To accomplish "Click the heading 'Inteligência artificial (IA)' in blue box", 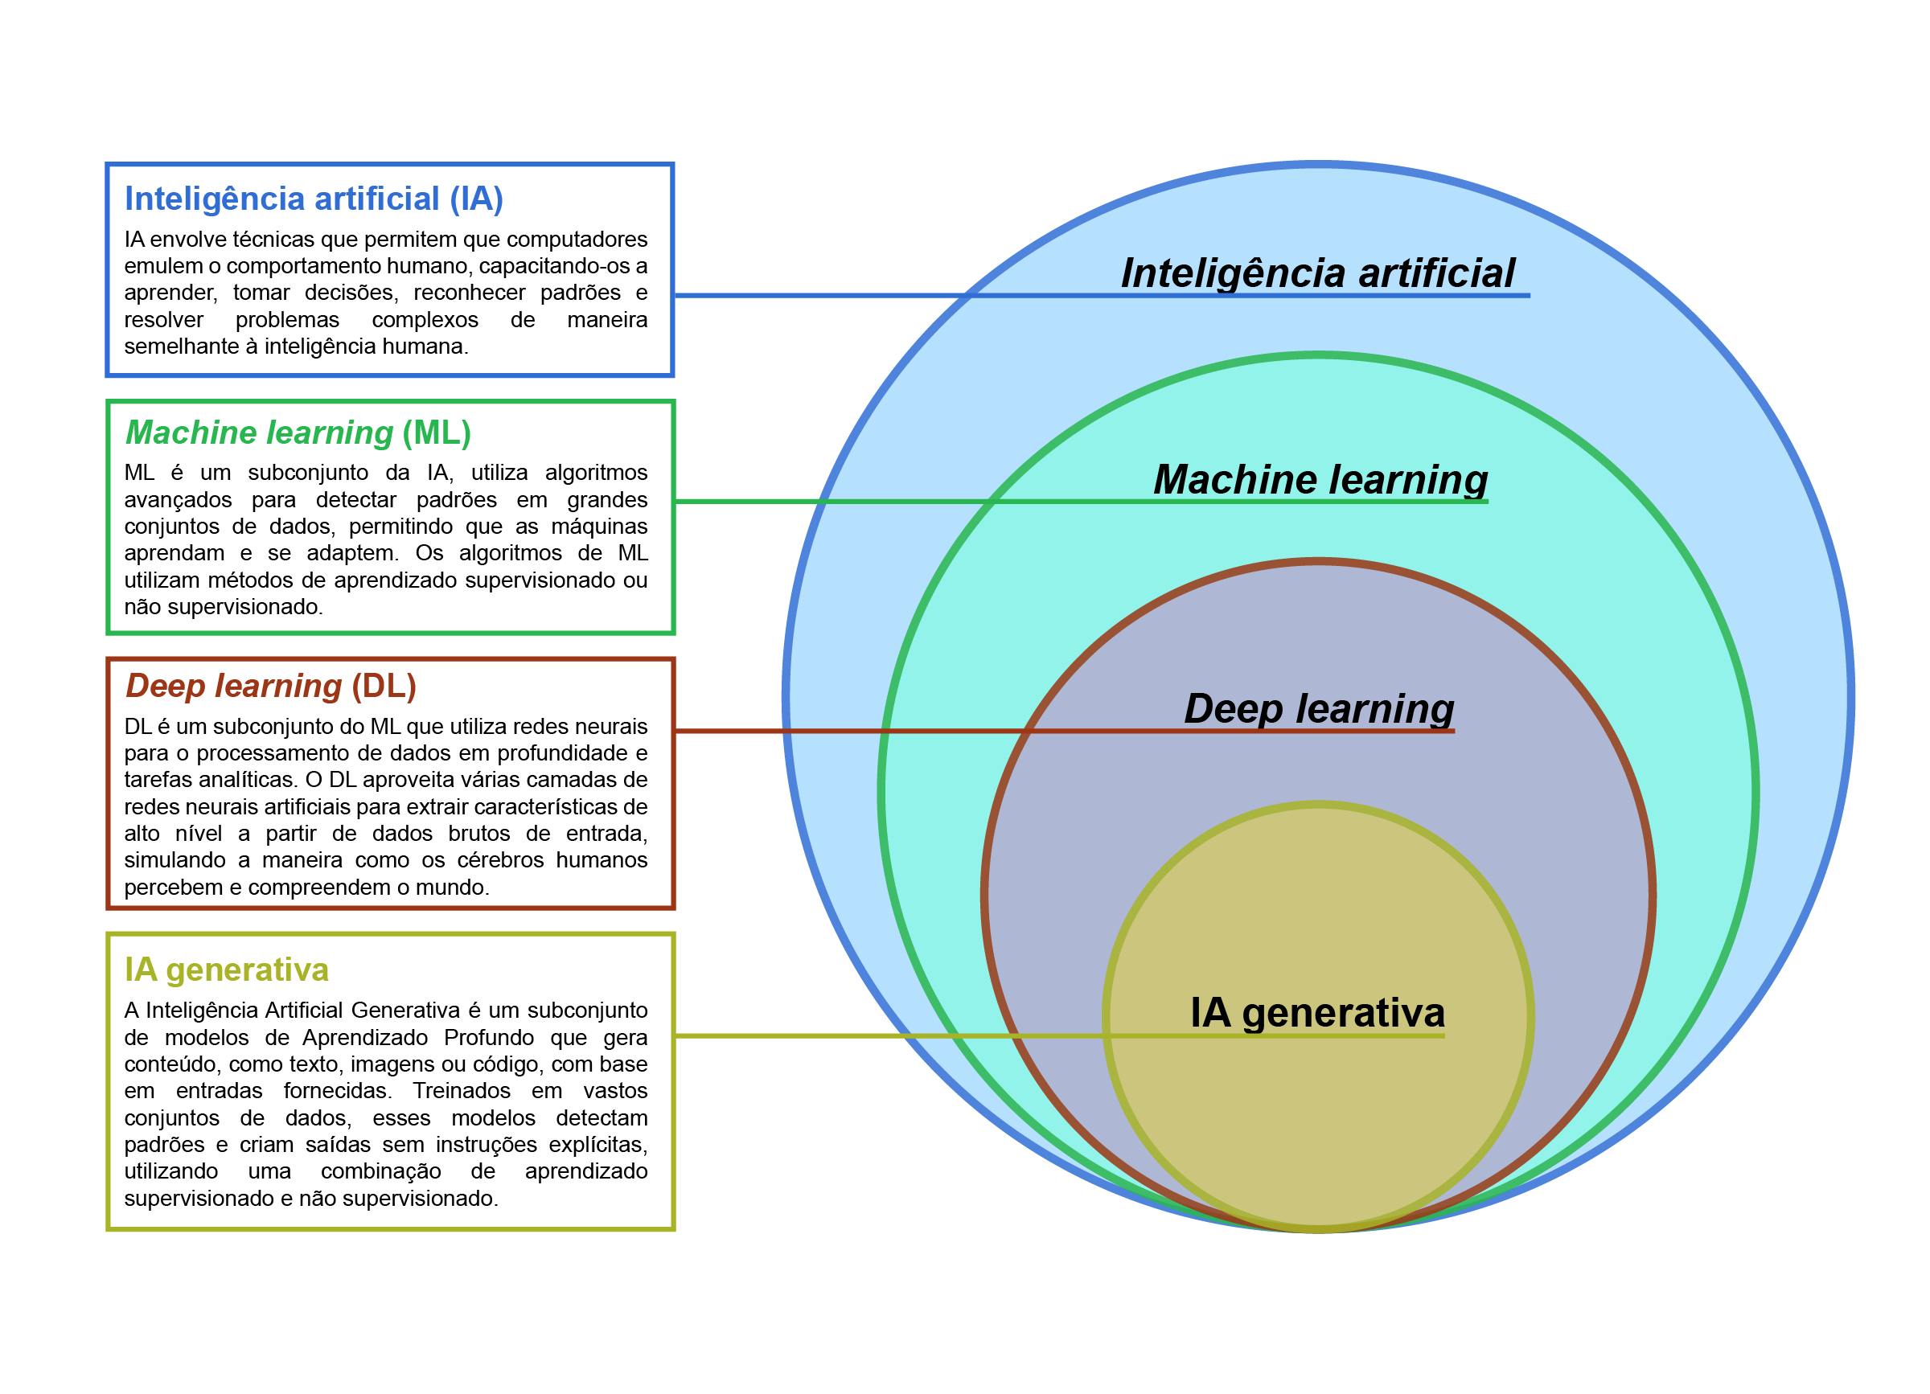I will tap(313, 199).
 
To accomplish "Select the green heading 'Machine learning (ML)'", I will tap(298, 433).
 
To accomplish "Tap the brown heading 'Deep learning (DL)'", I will tap(271, 686).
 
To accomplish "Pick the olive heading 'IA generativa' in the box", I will tap(226, 970).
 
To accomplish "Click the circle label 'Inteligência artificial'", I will tap(1317, 273).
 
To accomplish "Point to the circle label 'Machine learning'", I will tap(1320, 479).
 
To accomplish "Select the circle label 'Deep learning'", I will tap(1319, 707).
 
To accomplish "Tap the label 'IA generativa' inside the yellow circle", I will tap(1317, 1012).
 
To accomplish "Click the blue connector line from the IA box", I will tap(817, 295).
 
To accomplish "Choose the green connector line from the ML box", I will tap(817, 502).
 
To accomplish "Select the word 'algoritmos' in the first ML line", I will tap(596, 472).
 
